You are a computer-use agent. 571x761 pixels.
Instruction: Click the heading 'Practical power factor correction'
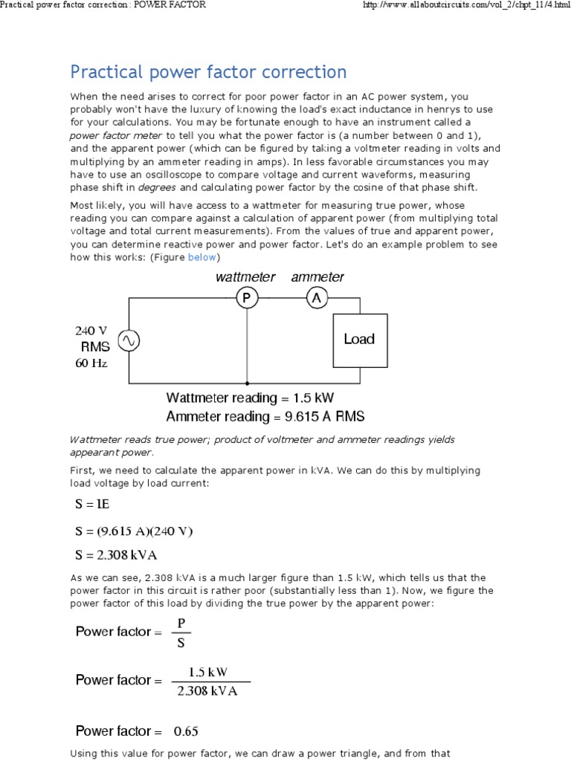(208, 72)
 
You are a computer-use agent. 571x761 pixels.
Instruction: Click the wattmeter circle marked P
(246, 298)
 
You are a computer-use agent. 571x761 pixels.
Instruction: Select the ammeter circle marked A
(317, 298)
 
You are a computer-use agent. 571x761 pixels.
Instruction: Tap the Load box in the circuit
(359, 340)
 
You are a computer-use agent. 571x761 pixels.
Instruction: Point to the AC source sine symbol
(129, 340)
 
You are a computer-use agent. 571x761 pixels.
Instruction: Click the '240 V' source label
(91, 331)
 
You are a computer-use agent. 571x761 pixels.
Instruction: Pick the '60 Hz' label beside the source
(91, 363)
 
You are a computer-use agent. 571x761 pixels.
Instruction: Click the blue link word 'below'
(201, 257)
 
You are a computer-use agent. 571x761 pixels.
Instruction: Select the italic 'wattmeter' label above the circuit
(245, 277)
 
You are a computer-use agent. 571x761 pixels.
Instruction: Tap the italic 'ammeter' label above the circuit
(317, 277)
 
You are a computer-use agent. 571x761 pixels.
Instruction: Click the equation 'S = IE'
(92, 505)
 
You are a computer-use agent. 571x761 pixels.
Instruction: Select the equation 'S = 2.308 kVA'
(116, 554)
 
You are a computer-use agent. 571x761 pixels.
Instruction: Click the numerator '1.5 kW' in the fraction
(208, 673)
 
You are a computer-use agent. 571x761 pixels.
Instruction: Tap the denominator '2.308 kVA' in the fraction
(207, 692)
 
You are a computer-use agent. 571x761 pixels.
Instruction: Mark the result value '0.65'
(186, 731)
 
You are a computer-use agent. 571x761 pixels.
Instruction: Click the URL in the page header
(461, 5)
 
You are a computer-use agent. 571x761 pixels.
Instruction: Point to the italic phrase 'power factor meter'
(116, 135)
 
